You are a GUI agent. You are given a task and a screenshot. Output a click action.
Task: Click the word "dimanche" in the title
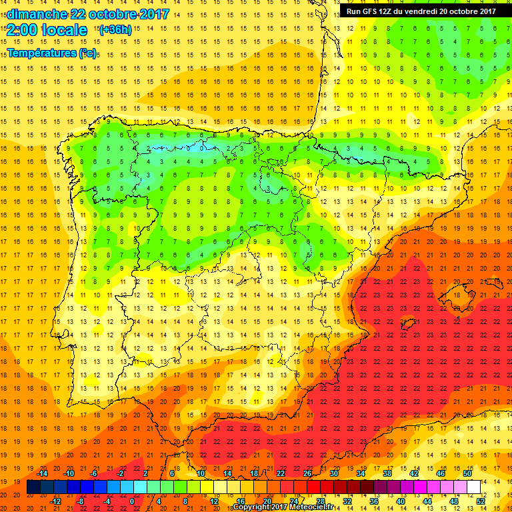(37, 14)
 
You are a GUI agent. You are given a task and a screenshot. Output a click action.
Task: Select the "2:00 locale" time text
(46, 30)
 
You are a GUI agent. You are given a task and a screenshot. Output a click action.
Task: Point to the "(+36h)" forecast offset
(115, 30)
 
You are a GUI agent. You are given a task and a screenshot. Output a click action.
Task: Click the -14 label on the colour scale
(42, 473)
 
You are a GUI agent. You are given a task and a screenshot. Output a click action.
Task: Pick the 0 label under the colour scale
(132, 501)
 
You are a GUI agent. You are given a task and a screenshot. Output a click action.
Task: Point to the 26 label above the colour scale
(308, 473)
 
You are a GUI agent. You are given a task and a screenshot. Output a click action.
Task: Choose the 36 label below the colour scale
(374, 501)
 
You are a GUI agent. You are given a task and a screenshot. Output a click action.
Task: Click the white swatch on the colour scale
(473, 487)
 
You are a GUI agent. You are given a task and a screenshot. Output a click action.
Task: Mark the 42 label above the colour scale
(413, 473)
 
